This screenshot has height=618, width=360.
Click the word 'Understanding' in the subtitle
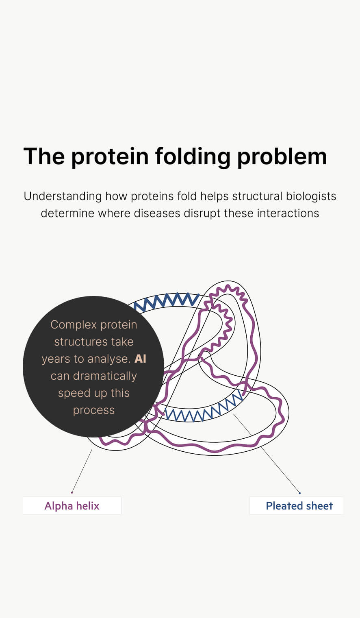click(63, 197)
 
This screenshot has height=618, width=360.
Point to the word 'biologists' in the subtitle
click(311, 196)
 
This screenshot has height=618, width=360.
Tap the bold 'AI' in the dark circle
click(140, 359)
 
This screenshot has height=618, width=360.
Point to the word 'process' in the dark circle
click(94, 411)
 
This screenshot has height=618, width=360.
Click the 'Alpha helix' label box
click(72, 506)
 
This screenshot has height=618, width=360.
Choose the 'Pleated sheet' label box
click(297, 506)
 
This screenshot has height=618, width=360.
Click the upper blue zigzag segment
click(166, 302)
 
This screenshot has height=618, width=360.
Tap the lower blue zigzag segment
click(204, 408)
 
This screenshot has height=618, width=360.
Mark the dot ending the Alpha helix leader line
click(72, 492)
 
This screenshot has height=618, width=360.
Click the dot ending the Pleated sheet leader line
click(299, 493)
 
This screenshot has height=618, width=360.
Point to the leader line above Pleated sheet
click(267, 453)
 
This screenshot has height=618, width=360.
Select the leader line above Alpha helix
click(82, 471)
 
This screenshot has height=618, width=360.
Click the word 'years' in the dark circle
click(56, 359)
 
